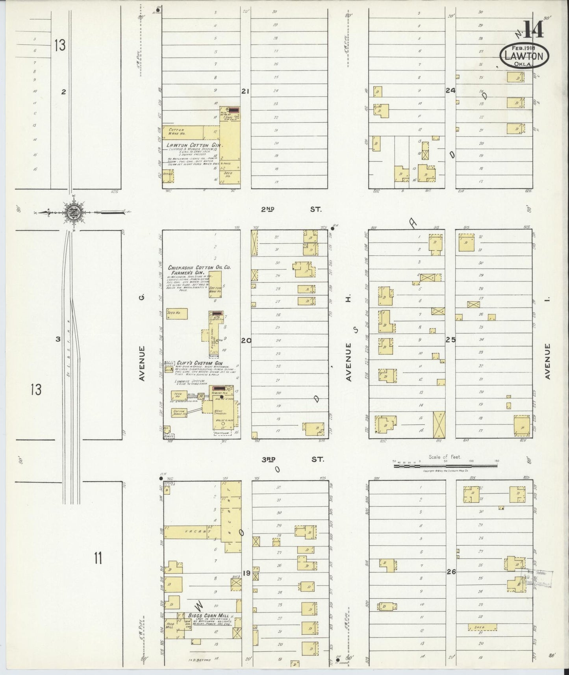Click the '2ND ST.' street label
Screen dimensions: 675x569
(x=291, y=210)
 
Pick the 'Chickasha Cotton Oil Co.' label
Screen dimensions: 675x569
(x=199, y=267)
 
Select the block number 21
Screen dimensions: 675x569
(x=245, y=91)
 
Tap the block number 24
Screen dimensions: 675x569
(x=450, y=91)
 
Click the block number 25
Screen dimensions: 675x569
(x=450, y=339)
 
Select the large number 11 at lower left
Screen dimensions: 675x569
(x=98, y=558)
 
